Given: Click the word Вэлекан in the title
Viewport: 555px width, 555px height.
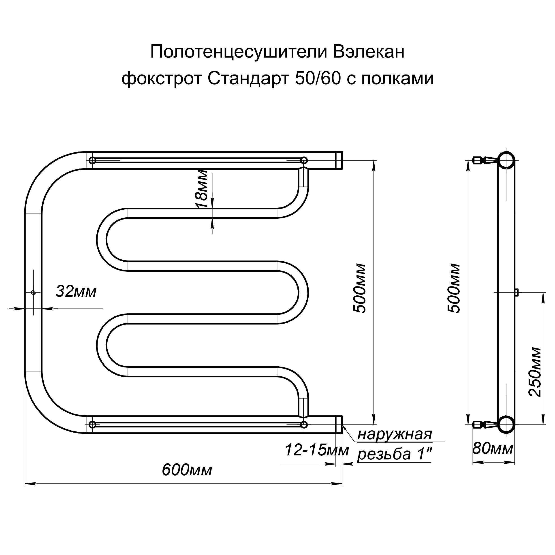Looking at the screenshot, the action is (369, 52).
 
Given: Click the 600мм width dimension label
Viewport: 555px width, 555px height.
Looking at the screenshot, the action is (187, 470).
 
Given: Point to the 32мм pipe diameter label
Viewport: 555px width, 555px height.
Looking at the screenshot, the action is (76, 291).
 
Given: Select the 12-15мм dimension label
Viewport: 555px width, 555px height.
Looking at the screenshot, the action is (317, 450).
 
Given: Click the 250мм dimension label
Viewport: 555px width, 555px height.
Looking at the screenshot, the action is (535, 372).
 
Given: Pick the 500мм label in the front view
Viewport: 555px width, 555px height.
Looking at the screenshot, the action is (359, 288).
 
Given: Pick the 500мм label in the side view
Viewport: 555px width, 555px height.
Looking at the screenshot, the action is (454, 288).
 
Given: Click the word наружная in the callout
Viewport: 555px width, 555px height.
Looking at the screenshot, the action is (395, 435).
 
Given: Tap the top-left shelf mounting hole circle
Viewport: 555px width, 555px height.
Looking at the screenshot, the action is (92, 160).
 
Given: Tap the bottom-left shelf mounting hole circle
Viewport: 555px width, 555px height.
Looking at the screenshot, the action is (92, 425).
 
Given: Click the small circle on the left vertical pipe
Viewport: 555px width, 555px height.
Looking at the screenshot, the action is (33, 292).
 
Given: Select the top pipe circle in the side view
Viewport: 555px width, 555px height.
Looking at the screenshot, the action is (506, 160).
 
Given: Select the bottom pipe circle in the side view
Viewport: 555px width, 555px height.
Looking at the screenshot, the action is (506, 425).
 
